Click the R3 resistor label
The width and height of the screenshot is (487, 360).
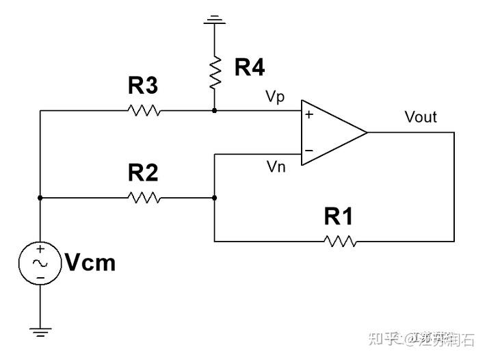(143, 86)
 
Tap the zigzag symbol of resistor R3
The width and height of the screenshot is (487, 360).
(144, 110)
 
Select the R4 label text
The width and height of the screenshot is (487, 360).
(249, 67)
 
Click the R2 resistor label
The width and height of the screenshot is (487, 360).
(143, 174)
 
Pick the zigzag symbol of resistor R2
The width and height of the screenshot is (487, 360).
(144, 198)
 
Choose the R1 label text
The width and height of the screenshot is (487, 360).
(339, 217)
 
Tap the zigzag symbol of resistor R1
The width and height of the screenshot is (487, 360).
(340, 241)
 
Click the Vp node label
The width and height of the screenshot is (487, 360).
(275, 97)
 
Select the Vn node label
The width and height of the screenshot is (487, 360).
(275, 167)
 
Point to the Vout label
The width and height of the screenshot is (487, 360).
(420, 117)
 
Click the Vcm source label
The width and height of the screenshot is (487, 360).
(90, 263)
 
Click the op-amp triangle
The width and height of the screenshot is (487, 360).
(331, 132)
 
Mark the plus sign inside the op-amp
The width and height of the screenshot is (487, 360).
(309, 115)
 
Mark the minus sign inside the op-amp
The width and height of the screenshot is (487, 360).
(309, 150)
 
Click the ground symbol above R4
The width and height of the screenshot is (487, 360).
(215, 20)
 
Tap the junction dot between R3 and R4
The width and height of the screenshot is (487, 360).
(215, 110)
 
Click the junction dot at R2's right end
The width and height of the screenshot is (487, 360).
(215, 198)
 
